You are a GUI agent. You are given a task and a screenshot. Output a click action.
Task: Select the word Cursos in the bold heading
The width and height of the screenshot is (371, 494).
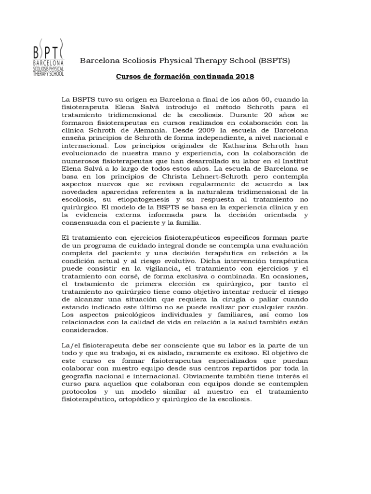129,77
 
